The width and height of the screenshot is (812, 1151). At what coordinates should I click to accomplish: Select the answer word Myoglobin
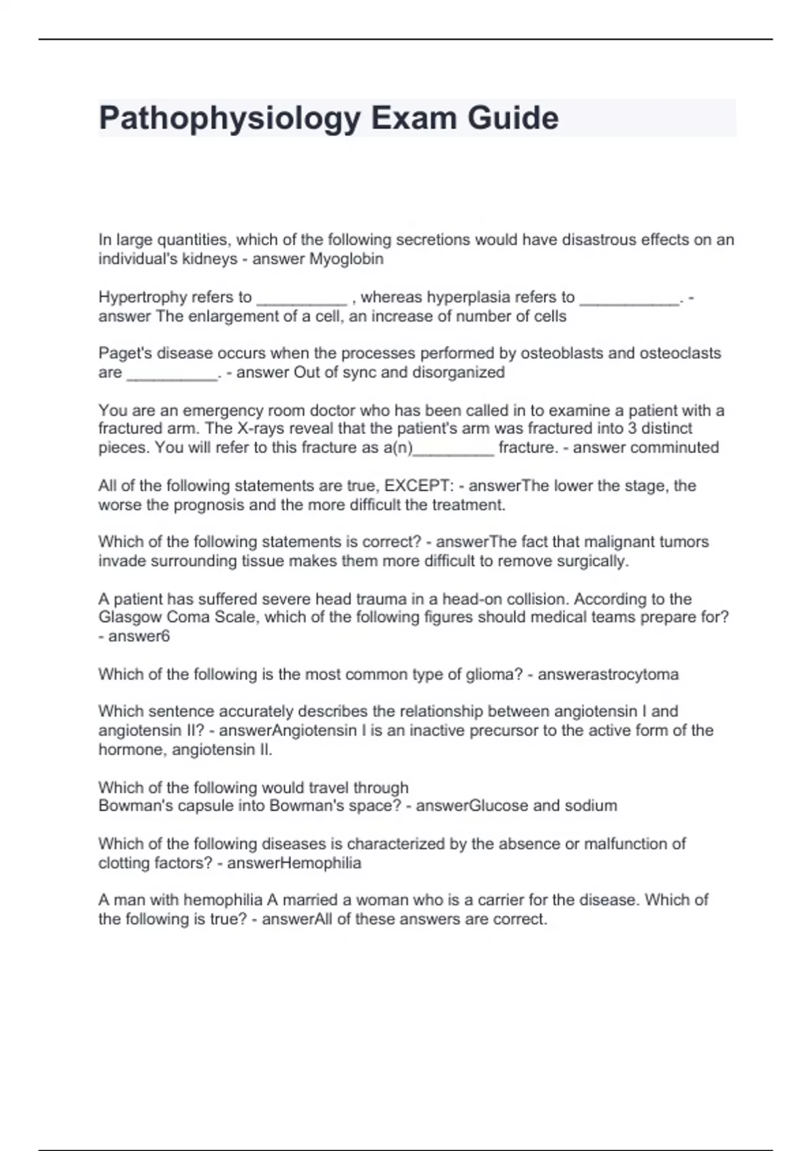point(346,259)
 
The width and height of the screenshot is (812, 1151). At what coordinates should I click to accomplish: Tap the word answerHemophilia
point(294,863)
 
